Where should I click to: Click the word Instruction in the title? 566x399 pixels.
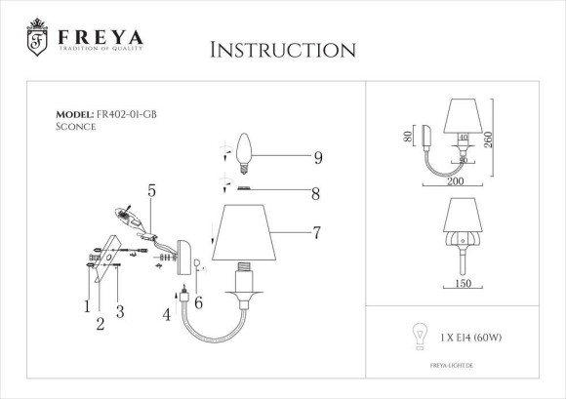282,50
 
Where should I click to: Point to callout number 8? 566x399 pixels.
314,194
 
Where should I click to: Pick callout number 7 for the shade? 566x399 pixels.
317,233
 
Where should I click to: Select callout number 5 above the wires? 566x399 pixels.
151,190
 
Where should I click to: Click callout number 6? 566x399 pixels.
199,303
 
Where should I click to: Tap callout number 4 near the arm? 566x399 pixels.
167,314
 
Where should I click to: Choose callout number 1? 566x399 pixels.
86,305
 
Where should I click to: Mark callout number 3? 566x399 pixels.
119,311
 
